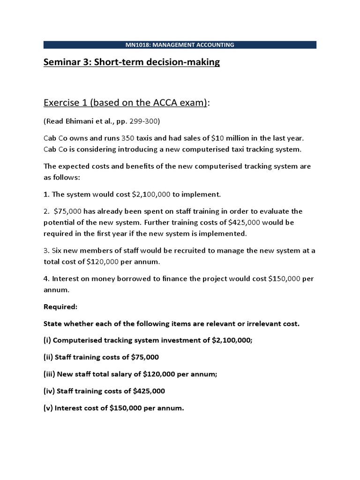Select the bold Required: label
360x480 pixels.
pos(60,307)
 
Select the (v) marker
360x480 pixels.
pos(48,408)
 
